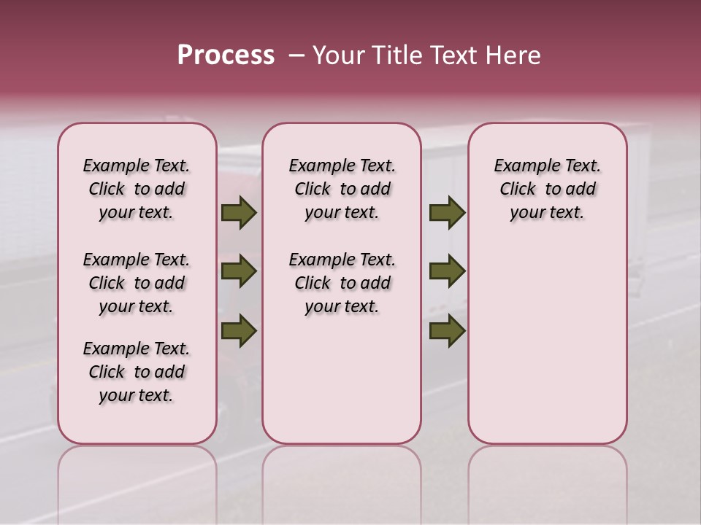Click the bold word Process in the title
(x=226, y=55)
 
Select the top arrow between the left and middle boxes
(x=239, y=213)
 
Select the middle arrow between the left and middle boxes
(x=239, y=272)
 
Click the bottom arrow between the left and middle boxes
(x=239, y=330)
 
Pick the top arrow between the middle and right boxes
(x=447, y=213)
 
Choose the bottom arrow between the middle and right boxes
(x=447, y=330)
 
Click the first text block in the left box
(x=137, y=189)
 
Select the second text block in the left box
(x=137, y=283)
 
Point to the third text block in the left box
(x=137, y=372)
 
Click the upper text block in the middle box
(x=342, y=189)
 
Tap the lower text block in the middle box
(x=342, y=283)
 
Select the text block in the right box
(x=547, y=189)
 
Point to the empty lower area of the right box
(x=547, y=343)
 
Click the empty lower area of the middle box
(x=342, y=379)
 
